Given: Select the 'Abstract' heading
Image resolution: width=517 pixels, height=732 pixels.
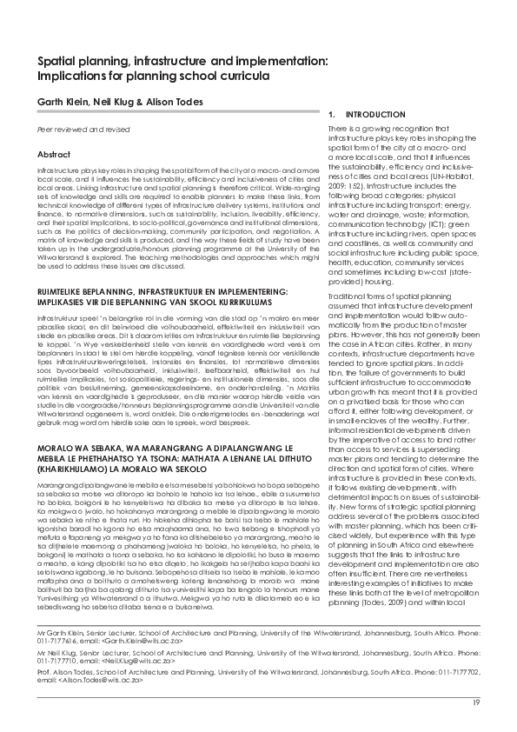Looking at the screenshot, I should [x=52, y=154].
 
